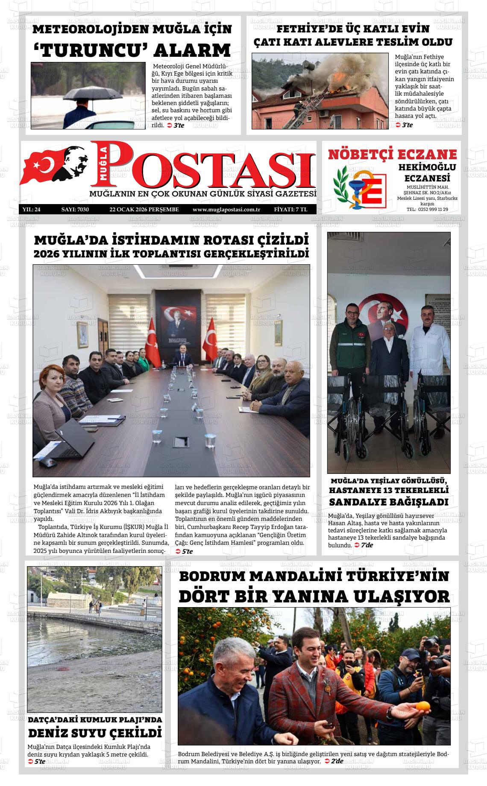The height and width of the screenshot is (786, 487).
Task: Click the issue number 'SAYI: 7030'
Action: click(x=75, y=210)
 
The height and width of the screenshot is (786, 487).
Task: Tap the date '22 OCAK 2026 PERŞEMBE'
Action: click(x=144, y=210)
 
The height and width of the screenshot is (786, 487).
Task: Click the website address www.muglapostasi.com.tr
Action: click(x=226, y=210)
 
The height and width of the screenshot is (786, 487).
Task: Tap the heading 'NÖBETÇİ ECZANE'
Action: click(x=392, y=154)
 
